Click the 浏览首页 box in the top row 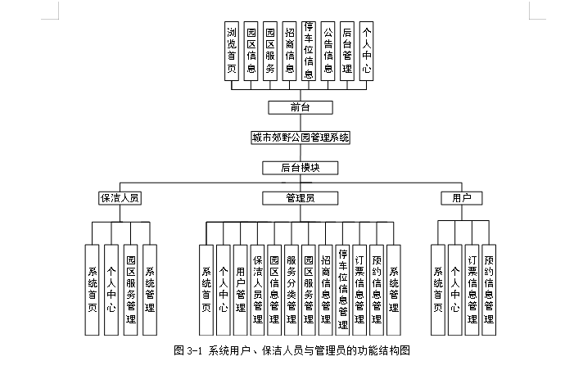232,51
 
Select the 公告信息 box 328,51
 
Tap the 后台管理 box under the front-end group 347,51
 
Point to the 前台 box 301,107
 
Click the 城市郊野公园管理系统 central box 301,138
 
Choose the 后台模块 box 301,168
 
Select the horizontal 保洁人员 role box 119,198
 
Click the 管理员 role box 301,198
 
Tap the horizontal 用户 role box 461,198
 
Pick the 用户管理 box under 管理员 240,290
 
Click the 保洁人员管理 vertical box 257,290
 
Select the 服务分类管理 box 292,290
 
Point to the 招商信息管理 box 325,290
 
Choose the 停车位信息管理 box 342,290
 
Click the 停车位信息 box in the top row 309,51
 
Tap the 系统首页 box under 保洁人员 93,290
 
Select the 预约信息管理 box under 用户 489,290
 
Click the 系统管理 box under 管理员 394,290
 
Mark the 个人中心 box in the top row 366,51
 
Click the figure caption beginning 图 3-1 292,350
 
